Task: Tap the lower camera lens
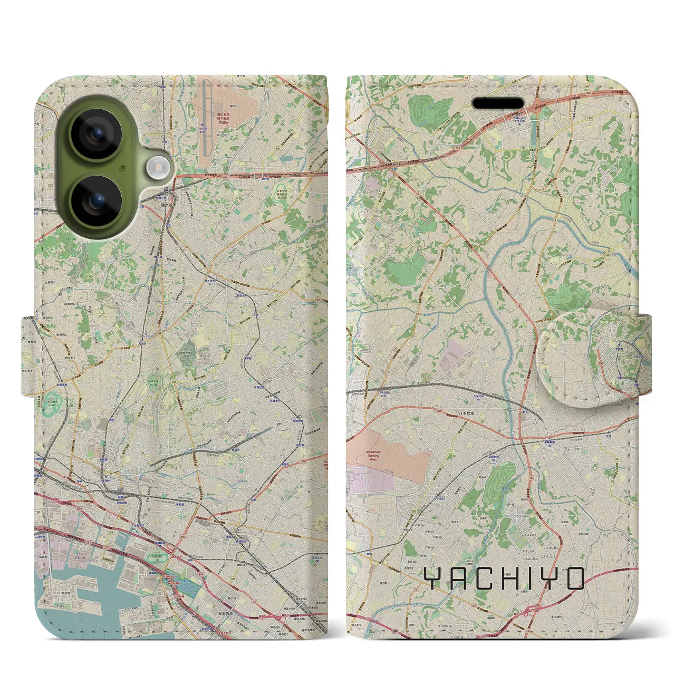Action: click(x=96, y=201)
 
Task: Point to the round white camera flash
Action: click(x=157, y=168)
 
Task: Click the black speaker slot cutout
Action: click(x=497, y=104)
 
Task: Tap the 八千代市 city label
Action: click(x=466, y=414)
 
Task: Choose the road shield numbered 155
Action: click(x=616, y=459)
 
